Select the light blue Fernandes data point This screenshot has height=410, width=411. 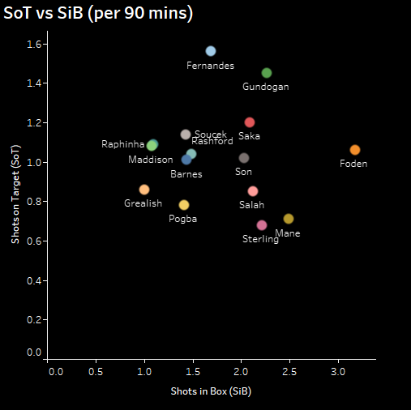pos(211,51)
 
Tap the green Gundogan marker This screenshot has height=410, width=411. pos(267,73)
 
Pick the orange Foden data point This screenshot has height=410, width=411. pos(355,150)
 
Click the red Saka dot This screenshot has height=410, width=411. pos(250,122)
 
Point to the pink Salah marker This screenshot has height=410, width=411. pos(253,191)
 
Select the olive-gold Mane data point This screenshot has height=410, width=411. pos(289,219)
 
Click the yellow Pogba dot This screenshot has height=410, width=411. pos(184,205)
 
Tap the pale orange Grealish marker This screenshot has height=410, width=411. pos(144,190)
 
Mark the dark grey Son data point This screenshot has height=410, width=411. pos(244,158)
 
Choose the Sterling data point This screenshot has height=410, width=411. pos(262,225)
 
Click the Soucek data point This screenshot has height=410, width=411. pos(186,135)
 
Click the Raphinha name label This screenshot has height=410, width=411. pos(122,144)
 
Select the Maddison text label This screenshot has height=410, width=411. pos(150,160)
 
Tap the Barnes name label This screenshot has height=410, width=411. pos(186,174)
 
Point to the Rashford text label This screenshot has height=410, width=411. pos(212,142)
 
